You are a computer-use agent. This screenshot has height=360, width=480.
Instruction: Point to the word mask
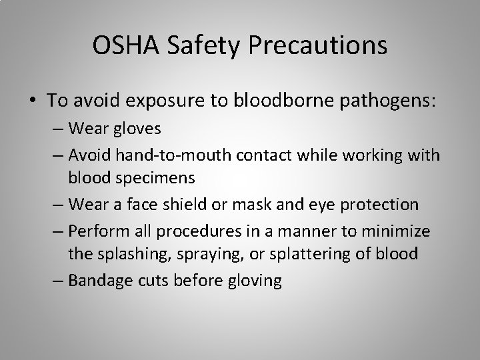click(x=262, y=204)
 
